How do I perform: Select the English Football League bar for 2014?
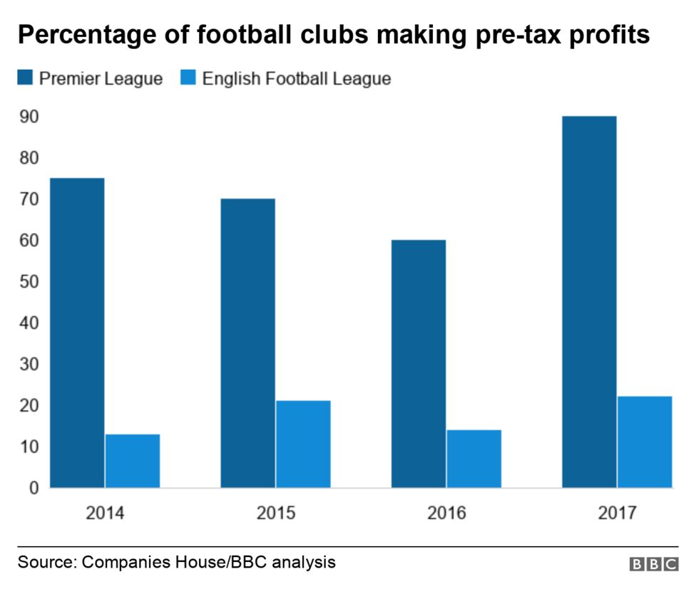coord(133,461)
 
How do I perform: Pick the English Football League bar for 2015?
coord(303,444)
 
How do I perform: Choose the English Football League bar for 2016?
coord(474,459)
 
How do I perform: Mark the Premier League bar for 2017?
coord(589,302)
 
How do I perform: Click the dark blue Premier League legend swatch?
coord(26,78)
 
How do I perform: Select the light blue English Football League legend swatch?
coord(188,78)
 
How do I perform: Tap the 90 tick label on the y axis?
coord(29,117)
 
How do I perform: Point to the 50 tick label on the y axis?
coord(29,282)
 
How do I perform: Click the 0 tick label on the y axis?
coord(33,489)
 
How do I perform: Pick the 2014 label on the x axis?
coord(105,513)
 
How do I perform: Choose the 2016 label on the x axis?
coord(446,513)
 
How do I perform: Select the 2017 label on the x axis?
coord(617,513)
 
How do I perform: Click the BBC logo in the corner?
coord(654,564)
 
